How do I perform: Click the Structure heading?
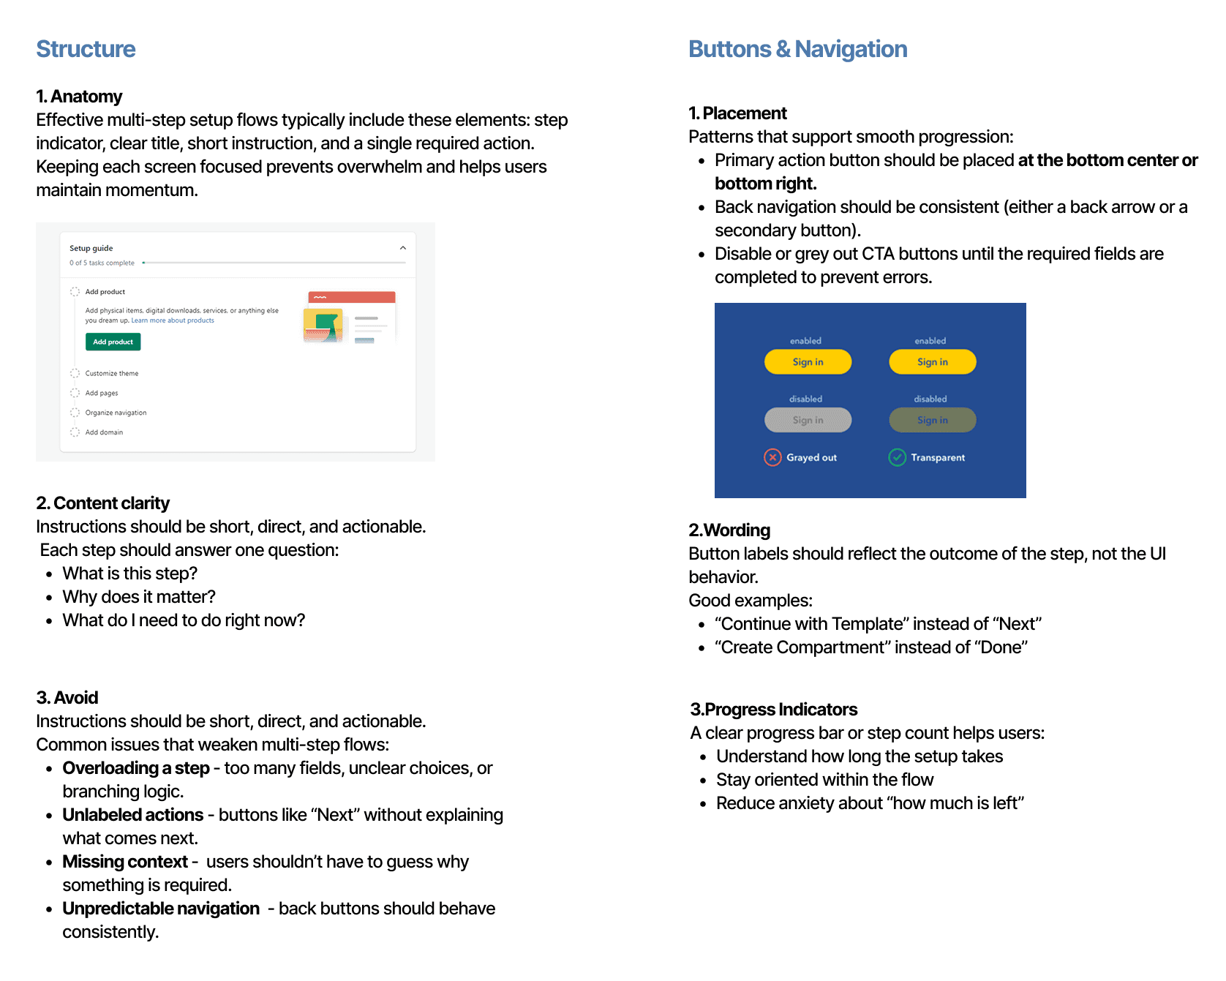(x=86, y=49)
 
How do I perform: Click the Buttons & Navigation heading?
(x=797, y=49)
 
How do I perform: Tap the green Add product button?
(x=113, y=342)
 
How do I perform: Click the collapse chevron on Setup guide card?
(x=402, y=248)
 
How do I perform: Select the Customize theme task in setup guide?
(x=111, y=373)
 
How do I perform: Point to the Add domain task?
(x=104, y=432)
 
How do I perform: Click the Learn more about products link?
(x=173, y=320)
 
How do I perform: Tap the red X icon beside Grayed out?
(x=772, y=457)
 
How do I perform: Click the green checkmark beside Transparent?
(x=897, y=457)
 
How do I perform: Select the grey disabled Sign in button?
(x=808, y=420)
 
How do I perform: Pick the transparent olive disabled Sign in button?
(x=932, y=420)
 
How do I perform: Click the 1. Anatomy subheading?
(x=79, y=97)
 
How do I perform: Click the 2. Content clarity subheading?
(x=102, y=503)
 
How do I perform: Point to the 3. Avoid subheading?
(x=67, y=698)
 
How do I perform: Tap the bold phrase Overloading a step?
(x=136, y=768)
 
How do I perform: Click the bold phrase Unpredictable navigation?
(x=161, y=909)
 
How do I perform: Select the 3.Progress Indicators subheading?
(x=774, y=710)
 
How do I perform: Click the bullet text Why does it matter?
(x=139, y=597)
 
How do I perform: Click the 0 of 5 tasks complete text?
(x=102, y=263)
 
